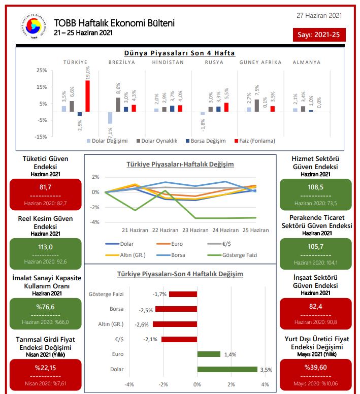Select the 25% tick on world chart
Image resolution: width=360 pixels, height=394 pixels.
pyautogui.click(x=42, y=71)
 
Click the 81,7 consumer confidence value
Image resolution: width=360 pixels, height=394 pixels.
pyautogui.click(x=46, y=187)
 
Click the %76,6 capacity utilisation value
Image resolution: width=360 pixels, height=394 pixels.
pyautogui.click(x=46, y=307)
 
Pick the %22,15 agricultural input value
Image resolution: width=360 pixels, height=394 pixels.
pyautogui.click(x=46, y=367)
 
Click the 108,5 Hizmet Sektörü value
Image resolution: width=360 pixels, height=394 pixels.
pyautogui.click(x=315, y=187)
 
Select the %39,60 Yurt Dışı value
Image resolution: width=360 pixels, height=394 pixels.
pyautogui.click(x=315, y=367)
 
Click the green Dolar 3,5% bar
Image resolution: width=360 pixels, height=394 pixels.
pyautogui.click(x=227, y=370)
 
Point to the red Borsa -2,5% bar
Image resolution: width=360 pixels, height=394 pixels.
pyautogui.click(x=176, y=309)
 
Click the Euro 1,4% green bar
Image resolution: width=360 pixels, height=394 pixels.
pyautogui.click(x=209, y=354)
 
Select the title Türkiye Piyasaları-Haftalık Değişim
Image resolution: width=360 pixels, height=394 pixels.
pyautogui.click(x=180, y=165)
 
